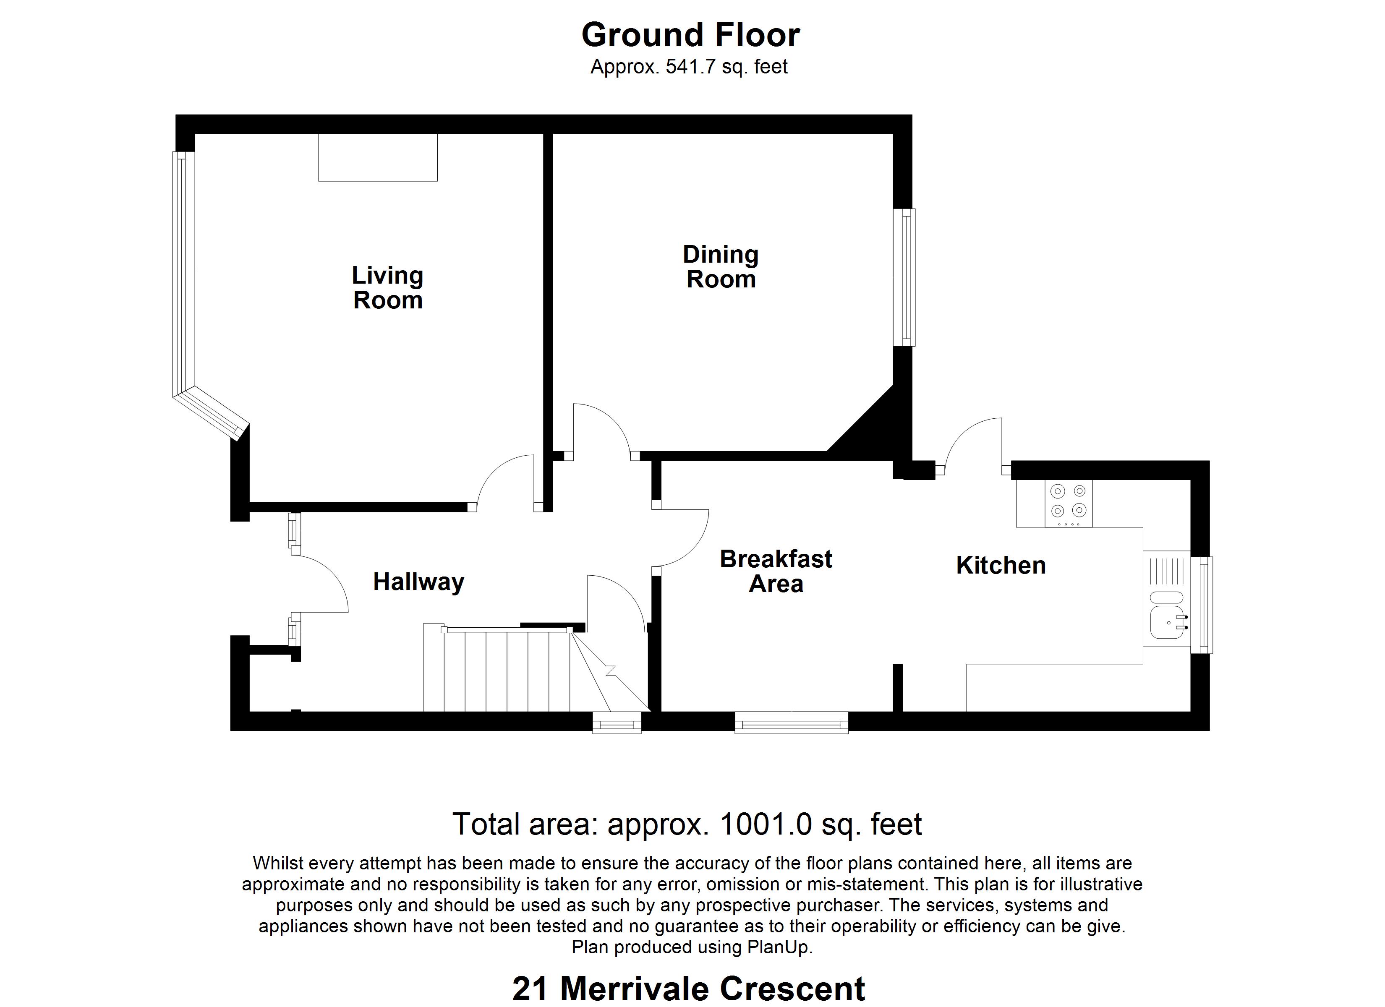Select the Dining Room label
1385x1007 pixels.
pos(721,267)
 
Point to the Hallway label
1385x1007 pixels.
pos(418,582)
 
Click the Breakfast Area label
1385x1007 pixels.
pos(776,571)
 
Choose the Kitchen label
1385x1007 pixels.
pos(1001,566)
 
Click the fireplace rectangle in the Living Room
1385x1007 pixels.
pos(378,158)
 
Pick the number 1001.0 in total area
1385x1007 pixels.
pos(766,825)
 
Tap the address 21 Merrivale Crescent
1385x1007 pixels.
pos(688,989)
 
